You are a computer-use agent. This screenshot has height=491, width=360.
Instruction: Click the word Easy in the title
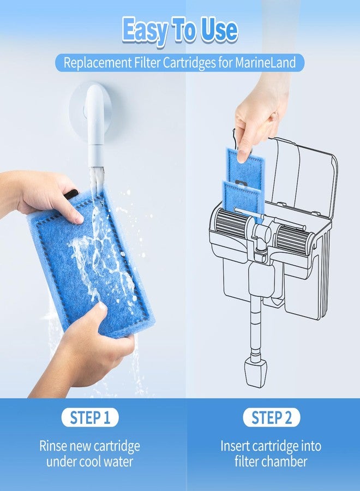tap(145, 31)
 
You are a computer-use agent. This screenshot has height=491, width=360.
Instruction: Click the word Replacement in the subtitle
tap(97, 63)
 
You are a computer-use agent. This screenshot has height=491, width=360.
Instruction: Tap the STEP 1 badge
tap(90, 417)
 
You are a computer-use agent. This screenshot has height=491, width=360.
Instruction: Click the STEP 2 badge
tap(272, 417)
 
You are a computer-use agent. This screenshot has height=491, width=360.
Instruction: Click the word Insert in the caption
tap(235, 446)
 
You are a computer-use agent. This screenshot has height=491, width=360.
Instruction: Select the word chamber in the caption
tap(286, 461)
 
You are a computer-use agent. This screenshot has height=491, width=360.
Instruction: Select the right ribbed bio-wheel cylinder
tap(293, 239)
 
